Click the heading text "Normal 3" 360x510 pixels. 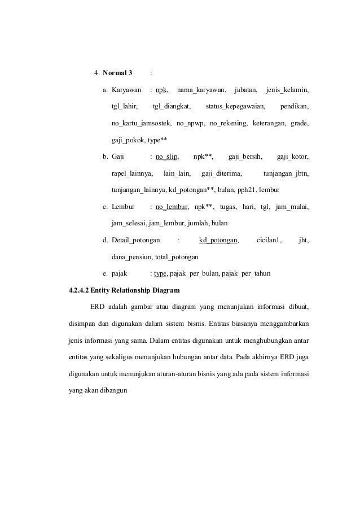click(117, 73)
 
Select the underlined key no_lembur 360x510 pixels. click(172, 207)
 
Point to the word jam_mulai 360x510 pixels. click(292, 207)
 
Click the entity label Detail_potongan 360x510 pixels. click(135, 241)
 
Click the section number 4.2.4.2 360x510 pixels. click(78, 291)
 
